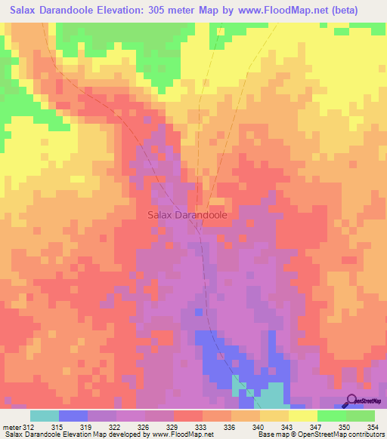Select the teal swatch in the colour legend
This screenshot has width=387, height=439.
coord(45,416)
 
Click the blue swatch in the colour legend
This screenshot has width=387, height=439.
coord(73,416)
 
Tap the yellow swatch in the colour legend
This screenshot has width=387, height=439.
coord(302,416)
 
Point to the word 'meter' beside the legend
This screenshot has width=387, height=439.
coord(12,426)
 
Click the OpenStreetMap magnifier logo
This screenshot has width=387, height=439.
coord(351,401)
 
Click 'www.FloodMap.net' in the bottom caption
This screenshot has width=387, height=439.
coord(182,435)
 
